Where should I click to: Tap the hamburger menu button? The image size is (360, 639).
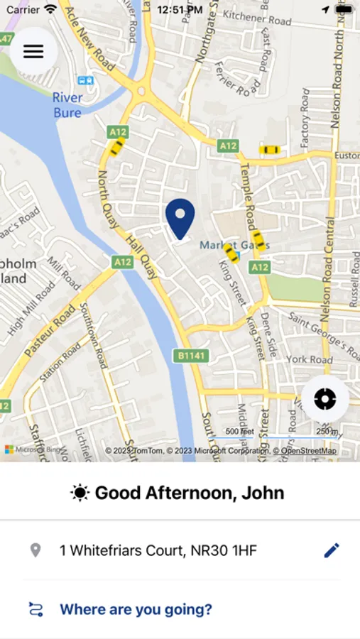coord(33,51)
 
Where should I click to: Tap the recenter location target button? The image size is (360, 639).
coord(325,399)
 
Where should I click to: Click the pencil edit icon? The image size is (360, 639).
coord(332,550)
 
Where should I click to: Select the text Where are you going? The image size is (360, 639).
coord(136,609)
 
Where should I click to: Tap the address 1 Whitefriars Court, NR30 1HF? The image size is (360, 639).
coord(158,550)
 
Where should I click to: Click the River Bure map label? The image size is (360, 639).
coord(67,104)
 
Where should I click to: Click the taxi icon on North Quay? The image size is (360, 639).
coord(116,147)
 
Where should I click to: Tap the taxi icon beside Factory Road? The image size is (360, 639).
coord(270,150)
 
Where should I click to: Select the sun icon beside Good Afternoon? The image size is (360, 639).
coord(80,493)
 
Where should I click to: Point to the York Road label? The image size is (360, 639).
coord(310,359)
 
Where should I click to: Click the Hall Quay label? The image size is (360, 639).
coord(141,257)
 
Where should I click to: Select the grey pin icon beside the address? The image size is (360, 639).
coord(35,550)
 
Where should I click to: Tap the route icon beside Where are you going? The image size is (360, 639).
coord(36,609)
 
